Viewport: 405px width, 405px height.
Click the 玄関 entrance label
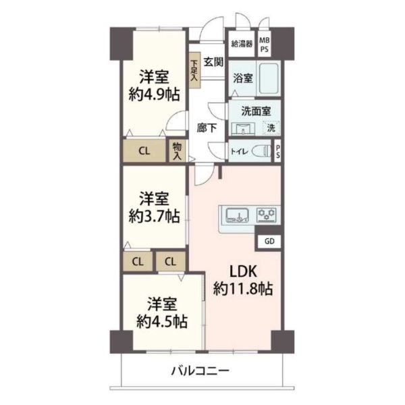[x=213, y=62]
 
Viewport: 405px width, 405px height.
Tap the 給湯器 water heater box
[x=242, y=44]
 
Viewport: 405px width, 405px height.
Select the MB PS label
[x=264, y=45]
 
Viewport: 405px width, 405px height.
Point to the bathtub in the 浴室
[x=269, y=78]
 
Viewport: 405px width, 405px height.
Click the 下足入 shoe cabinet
[x=194, y=70]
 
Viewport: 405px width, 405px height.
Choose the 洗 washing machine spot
[x=271, y=128]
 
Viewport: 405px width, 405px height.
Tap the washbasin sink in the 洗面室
[x=243, y=128]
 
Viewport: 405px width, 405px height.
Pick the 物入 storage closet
[x=177, y=151]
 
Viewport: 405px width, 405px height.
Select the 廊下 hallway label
[x=207, y=128]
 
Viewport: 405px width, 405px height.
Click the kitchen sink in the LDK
[x=238, y=215]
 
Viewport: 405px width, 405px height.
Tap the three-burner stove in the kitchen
[x=267, y=215]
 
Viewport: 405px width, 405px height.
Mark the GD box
[x=269, y=242]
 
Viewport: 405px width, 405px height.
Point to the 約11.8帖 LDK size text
[x=243, y=289]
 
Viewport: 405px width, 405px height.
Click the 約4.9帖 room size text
[x=154, y=94]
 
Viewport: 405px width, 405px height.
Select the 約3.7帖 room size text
[x=154, y=216]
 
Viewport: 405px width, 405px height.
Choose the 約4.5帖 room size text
[x=162, y=321]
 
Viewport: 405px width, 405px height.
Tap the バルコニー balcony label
[x=200, y=371]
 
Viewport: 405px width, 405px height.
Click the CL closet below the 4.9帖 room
[x=144, y=151]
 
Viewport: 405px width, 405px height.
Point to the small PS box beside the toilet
[x=277, y=151]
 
